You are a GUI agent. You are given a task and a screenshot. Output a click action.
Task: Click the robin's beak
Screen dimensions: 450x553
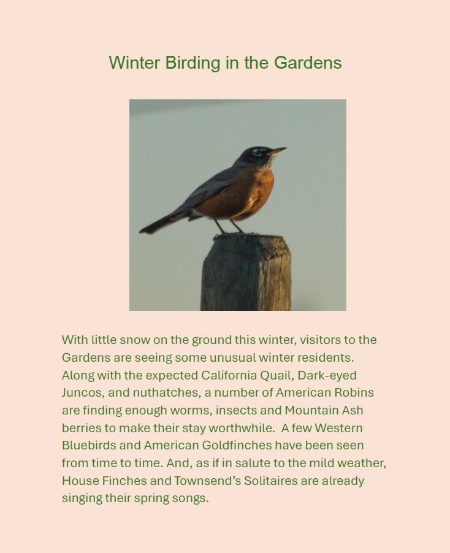tap(277, 151)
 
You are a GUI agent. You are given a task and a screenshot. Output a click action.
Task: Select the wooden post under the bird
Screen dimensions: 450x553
tap(246, 272)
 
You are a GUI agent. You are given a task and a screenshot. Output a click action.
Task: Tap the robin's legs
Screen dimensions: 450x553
tap(229, 227)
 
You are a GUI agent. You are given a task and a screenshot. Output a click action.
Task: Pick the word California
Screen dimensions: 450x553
tap(229, 375)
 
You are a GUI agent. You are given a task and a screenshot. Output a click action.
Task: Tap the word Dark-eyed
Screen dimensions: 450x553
tap(327, 376)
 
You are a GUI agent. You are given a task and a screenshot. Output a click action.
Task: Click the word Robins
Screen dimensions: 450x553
tap(354, 392)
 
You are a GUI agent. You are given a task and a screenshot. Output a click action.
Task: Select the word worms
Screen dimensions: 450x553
tap(191, 411)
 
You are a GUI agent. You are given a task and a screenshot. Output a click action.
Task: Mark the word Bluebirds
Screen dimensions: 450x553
tap(89, 445)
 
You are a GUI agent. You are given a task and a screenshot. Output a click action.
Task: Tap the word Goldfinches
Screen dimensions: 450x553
tap(237, 445)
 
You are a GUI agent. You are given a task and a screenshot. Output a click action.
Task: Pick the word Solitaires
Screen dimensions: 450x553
tap(271, 481)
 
